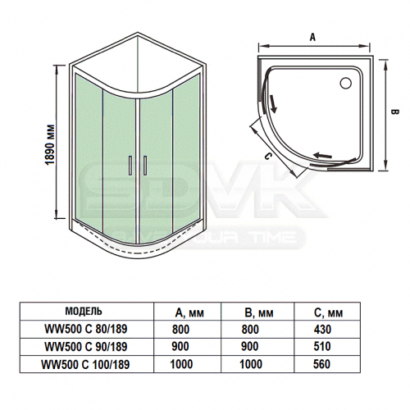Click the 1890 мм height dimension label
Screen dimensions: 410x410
(50, 144)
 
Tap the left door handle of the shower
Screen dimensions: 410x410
(130, 165)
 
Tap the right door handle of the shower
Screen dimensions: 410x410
(145, 165)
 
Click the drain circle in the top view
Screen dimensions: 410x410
(346, 83)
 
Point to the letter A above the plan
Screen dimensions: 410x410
(312, 37)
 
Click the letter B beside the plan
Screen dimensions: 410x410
(395, 112)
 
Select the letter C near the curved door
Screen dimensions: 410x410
(268, 156)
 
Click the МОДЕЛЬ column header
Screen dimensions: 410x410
(84, 311)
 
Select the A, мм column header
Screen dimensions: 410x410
(189, 312)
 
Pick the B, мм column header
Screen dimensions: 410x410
(259, 312)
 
